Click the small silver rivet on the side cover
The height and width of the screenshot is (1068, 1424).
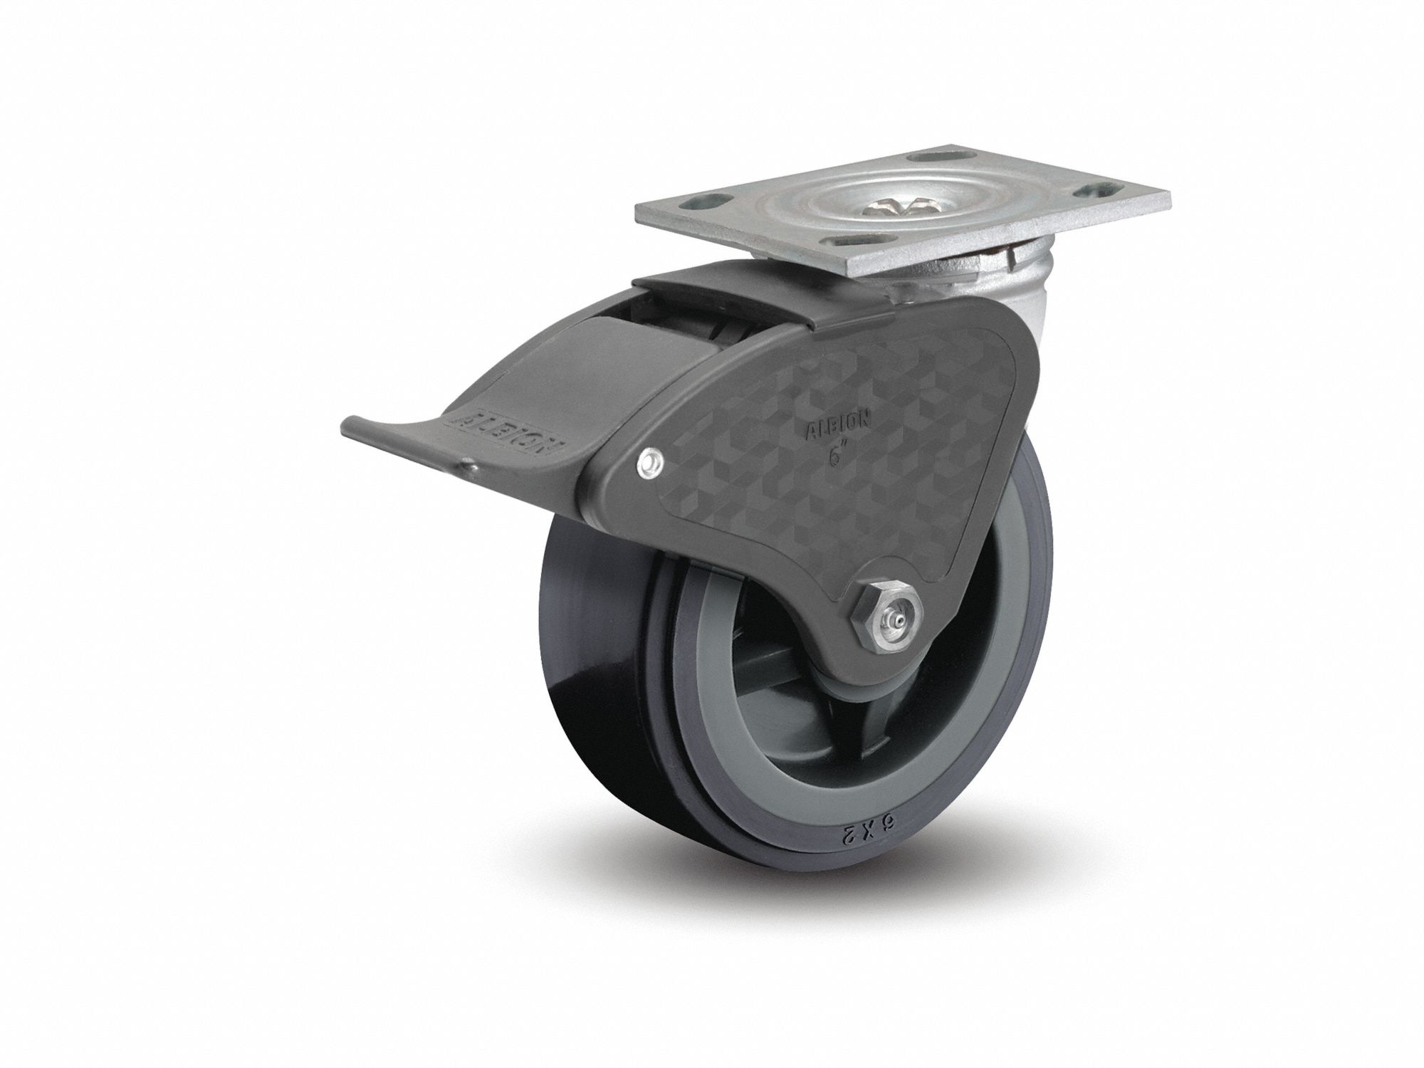pos(649,464)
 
